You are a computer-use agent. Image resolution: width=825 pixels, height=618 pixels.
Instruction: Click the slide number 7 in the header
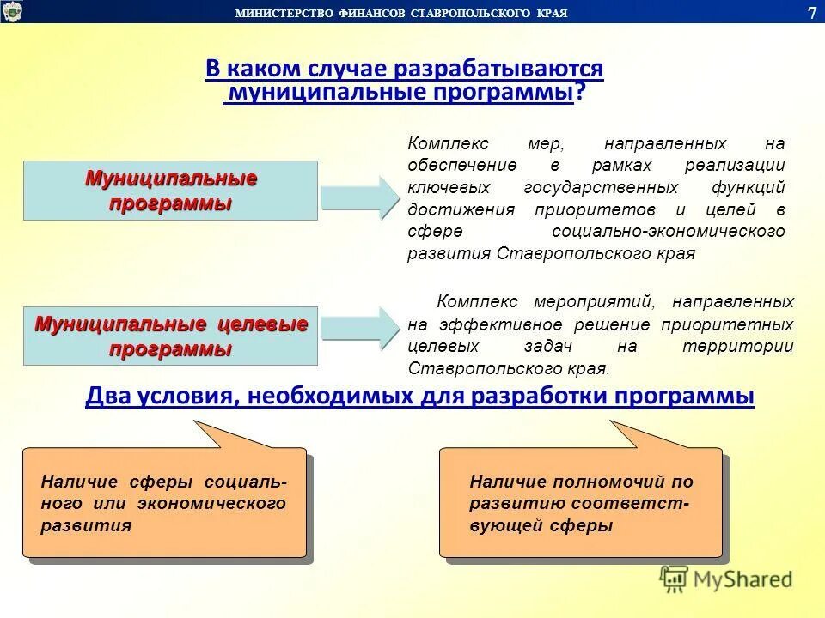tap(812, 11)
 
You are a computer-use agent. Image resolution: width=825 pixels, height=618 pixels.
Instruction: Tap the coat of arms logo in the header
tap(11, 11)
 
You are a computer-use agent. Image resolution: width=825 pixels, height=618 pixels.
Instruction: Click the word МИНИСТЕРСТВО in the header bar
tap(284, 13)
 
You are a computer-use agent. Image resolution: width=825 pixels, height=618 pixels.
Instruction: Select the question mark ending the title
tap(579, 92)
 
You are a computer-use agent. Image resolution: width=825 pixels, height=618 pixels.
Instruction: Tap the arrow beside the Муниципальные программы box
tap(360, 197)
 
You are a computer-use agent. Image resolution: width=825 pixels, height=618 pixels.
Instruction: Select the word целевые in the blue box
tap(262, 324)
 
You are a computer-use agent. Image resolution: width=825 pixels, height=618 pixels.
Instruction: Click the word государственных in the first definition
tap(601, 188)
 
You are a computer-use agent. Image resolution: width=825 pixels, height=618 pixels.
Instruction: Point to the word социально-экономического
tap(669, 231)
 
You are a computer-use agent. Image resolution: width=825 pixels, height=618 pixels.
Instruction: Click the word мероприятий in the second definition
tap(594, 302)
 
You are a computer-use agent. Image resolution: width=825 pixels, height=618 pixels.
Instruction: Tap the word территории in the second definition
tap(737, 346)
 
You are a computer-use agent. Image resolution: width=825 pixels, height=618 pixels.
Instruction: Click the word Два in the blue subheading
tap(105, 395)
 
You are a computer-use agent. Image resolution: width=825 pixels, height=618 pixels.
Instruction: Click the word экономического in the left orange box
tap(211, 504)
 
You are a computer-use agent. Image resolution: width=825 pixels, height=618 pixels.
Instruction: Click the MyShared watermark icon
tap(674, 579)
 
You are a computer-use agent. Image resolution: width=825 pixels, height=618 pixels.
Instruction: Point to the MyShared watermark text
tap(742, 579)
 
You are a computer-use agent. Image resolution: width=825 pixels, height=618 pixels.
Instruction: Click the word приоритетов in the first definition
tap(595, 209)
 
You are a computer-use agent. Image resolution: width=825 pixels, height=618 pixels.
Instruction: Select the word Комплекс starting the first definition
tap(449, 143)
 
